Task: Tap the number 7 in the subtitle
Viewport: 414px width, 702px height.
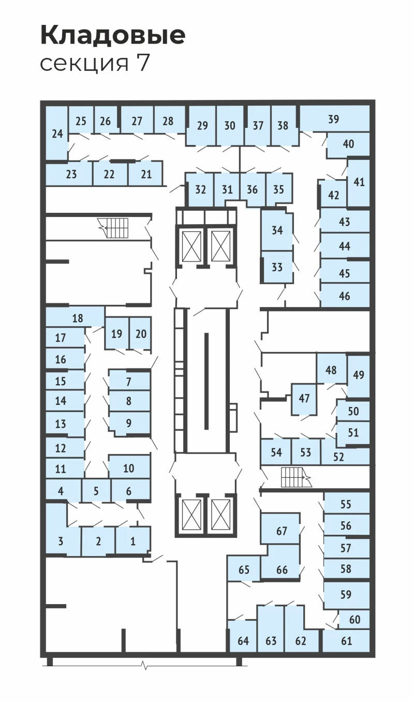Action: click(142, 63)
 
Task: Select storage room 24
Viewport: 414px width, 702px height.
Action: click(57, 134)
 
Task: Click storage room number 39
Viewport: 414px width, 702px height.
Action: click(334, 119)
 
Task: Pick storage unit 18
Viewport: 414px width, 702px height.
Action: click(75, 317)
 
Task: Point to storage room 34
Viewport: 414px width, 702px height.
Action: click(277, 230)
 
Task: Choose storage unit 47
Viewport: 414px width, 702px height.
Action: click(304, 399)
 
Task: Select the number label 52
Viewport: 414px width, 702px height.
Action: click(338, 457)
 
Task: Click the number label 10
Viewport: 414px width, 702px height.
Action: click(129, 468)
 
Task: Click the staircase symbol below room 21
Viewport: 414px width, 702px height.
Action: click(113, 228)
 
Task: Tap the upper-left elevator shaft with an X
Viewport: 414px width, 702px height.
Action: click(191, 246)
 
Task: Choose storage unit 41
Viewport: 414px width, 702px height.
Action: click(359, 182)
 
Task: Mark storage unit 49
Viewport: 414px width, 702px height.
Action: click(359, 375)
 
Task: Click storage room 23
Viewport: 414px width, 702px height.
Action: click(69, 174)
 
